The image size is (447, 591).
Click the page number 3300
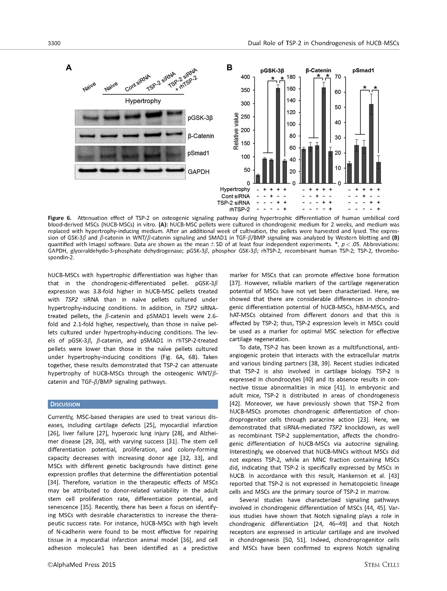[54, 43]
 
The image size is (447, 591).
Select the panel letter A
[69, 67]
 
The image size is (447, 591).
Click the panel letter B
[229, 67]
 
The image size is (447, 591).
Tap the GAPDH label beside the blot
[198, 172]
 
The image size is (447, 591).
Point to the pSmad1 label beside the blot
[198, 153]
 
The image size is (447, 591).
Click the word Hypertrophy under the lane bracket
[143, 101]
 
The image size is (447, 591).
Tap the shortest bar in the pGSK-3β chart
[258, 179]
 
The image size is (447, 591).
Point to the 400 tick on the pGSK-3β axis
[245, 77]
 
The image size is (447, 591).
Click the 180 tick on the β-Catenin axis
[291, 77]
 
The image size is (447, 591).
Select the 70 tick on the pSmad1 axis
[338, 77]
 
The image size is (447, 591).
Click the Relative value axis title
[236, 131]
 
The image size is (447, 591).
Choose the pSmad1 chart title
[363, 70]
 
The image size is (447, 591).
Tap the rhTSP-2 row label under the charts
[239, 209]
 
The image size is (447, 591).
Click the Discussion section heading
[65, 404]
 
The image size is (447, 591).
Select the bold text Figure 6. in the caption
[59, 218]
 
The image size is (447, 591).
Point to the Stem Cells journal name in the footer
[382, 565]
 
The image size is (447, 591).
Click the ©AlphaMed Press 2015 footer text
[82, 565]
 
